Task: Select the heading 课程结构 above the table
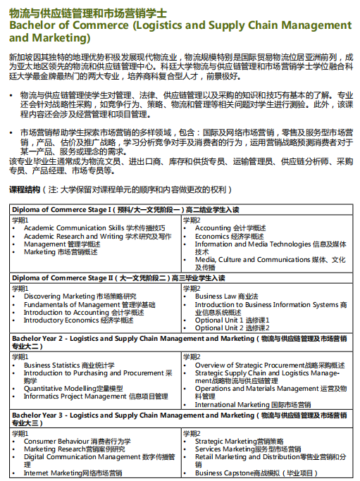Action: tap(25, 190)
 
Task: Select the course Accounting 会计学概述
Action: tap(230, 228)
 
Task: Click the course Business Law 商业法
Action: tap(227, 296)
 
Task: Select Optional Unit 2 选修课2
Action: tap(232, 327)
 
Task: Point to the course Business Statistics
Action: tap(69, 366)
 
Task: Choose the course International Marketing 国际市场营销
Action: tap(253, 405)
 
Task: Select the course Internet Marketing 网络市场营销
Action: tap(73, 473)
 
